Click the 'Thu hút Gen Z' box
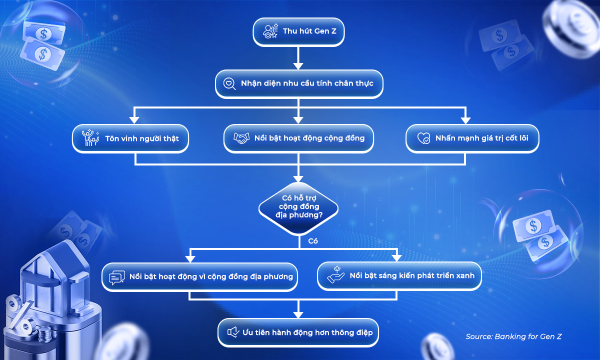click(298, 31)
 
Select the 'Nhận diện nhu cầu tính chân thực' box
click(299, 83)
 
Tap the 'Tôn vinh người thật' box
click(130, 138)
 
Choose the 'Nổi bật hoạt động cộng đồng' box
click(298, 138)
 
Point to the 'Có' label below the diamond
click(313, 241)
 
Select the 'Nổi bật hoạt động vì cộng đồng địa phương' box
click(199, 276)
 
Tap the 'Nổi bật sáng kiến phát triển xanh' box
click(399, 276)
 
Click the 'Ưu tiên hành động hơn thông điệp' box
click(298, 332)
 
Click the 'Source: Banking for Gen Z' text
click(513, 336)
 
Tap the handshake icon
click(241, 138)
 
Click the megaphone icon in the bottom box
click(232, 332)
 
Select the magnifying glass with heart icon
click(229, 84)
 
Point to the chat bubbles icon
click(116, 277)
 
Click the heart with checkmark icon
click(423, 138)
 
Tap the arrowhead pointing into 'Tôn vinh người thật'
click(134, 120)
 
